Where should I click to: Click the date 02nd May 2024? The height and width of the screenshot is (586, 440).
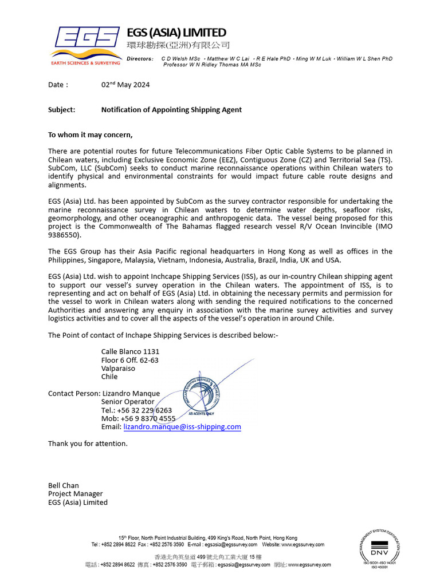tap(125, 85)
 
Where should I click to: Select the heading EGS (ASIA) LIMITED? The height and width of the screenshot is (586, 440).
tap(176, 33)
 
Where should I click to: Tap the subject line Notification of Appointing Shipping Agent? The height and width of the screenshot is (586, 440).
tap(171, 110)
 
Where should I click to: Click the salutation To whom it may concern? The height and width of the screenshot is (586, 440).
tap(90, 135)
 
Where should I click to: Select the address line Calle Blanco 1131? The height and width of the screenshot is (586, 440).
tap(130, 351)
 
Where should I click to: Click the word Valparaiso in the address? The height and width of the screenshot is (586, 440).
tap(118, 369)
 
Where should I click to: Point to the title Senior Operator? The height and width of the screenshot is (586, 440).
tap(128, 402)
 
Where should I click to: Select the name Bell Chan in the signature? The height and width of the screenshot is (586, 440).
tap(64, 485)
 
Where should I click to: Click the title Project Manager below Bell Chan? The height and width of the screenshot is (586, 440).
tap(75, 494)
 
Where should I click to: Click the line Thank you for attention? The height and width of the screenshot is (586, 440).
tap(88, 444)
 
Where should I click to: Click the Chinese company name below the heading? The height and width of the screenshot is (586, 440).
tap(178, 45)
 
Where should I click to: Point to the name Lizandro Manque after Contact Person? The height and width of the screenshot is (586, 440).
tap(131, 393)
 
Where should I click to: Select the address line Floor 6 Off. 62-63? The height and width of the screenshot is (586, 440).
tap(129, 360)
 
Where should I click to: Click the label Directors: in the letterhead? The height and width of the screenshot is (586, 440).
tap(140, 59)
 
